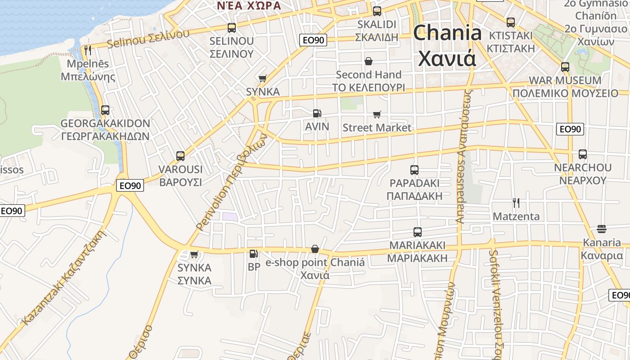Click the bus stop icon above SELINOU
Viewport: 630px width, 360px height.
(232, 28)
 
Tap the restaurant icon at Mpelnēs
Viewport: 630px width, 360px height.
(88, 50)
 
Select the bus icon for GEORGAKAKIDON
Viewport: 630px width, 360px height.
(105, 110)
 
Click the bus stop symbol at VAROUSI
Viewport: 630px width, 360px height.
(180, 156)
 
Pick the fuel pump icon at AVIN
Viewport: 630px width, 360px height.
(317, 113)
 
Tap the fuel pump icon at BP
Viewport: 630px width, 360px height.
(254, 254)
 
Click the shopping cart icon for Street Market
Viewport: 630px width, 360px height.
(377, 115)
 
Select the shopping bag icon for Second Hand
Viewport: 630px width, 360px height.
(369, 61)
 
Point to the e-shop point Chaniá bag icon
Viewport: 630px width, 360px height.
(315, 249)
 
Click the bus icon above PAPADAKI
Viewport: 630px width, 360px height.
(414, 170)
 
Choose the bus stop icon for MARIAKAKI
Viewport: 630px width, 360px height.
(418, 232)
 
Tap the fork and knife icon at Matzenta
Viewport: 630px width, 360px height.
(516, 203)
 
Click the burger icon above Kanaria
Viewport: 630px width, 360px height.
(602, 229)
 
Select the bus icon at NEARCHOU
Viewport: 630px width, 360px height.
(583, 154)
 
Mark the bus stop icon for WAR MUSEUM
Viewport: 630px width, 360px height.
(565, 67)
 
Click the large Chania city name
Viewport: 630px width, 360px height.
(447, 45)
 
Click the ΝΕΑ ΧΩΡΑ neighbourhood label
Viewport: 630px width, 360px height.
(249, 5)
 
